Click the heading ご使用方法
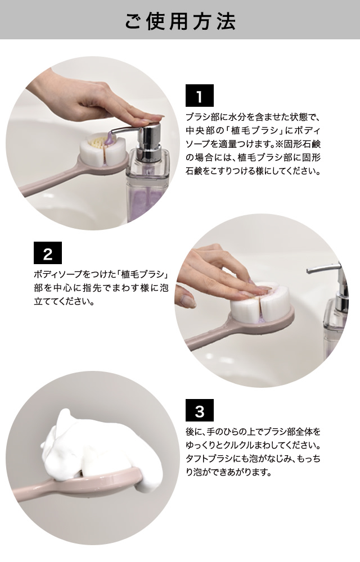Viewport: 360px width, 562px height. (x=180, y=21)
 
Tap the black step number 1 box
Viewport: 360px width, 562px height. (x=199, y=96)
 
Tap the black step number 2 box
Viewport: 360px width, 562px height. (x=48, y=253)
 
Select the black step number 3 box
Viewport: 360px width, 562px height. (x=199, y=410)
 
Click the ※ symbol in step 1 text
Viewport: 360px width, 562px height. (x=280, y=144)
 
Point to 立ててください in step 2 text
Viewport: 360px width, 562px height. (x=61, y=301)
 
